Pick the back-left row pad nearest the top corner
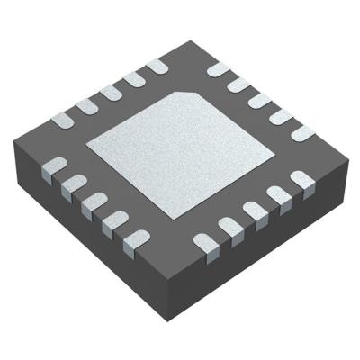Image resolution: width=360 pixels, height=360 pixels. pos(156,66)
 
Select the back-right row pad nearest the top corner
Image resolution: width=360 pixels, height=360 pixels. pos(218,69)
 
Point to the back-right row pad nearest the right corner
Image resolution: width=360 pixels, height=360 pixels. pos(302,132)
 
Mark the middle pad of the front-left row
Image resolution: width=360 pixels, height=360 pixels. pos(94,202)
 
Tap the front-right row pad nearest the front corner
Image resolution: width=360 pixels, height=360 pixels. pos(205,241)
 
